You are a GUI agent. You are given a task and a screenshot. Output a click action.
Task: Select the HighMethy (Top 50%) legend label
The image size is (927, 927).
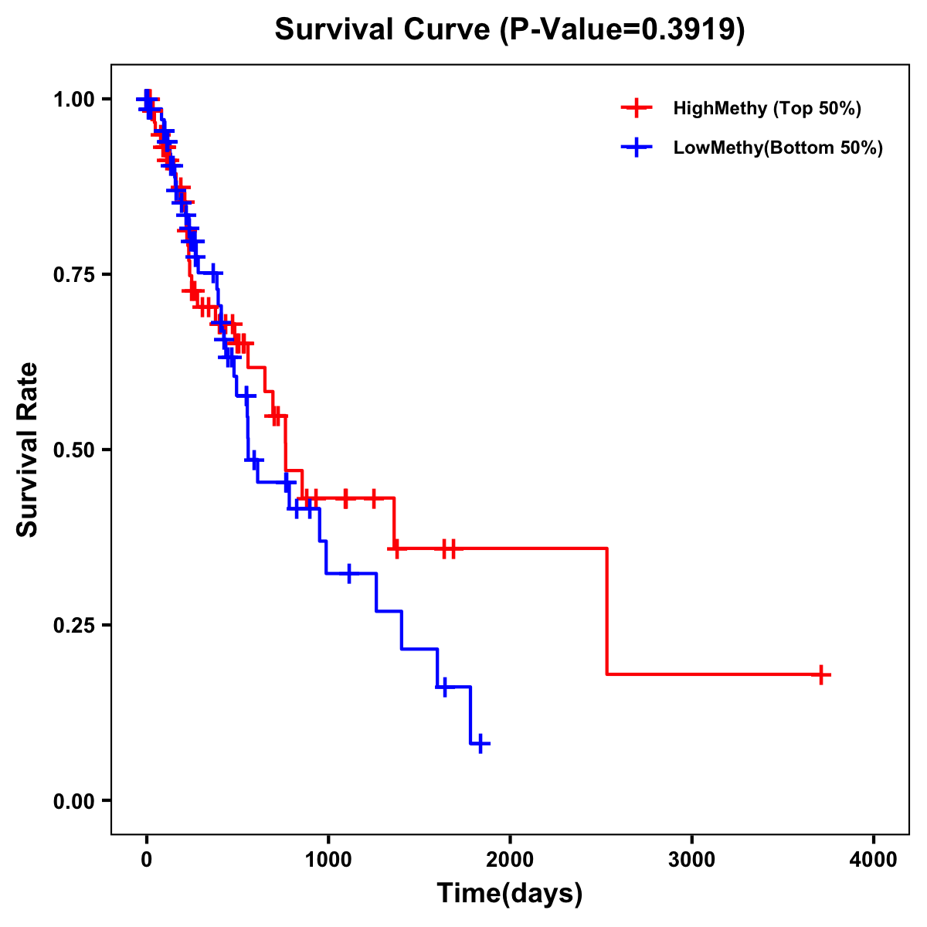point(767,108)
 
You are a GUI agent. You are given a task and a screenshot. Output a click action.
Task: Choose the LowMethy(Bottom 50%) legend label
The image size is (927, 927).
point(778,148)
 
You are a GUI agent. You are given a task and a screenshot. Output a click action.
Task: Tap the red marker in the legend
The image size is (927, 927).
point(636,108)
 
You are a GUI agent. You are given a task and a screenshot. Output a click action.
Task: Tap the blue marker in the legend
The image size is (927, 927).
point(636,148)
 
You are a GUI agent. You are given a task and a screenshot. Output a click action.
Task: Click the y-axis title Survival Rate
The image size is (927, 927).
point(28,450)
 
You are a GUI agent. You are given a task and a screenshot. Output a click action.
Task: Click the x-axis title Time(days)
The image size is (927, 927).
point(510,894)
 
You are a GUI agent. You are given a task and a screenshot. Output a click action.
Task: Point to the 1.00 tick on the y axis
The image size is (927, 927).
point(73,99)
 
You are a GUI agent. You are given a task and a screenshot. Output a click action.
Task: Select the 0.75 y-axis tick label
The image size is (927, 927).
point(73,274)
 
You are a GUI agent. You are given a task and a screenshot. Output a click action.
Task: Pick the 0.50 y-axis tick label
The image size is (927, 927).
point(73,450)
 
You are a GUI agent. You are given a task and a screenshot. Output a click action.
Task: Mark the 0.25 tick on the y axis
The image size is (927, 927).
point(73,625)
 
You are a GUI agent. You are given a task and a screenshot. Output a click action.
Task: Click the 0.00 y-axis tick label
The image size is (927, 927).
point(73,800)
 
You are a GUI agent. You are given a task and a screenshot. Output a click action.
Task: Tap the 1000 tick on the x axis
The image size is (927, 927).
point(328,859)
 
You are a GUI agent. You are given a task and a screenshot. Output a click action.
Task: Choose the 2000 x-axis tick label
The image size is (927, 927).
point(510,859)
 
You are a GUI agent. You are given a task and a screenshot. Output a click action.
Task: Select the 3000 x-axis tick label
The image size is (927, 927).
point(691,859)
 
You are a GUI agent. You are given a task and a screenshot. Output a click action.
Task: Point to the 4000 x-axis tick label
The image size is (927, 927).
point(874,859)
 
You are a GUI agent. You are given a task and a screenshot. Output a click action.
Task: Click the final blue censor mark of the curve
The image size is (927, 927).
point(480,744)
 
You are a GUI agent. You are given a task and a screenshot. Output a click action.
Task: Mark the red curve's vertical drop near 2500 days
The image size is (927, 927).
point(607,610)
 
